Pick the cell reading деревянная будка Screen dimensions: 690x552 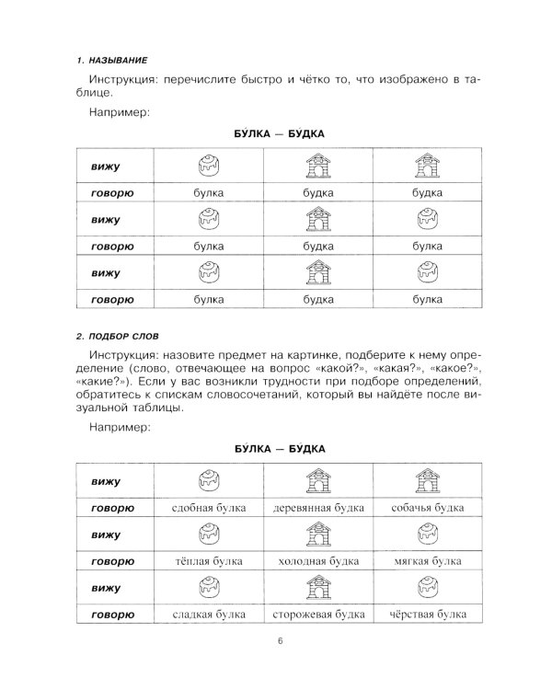(x=317, y=507)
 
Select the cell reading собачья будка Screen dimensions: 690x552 (x=426, y=507)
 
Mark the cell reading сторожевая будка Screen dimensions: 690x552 (x=317, y=615)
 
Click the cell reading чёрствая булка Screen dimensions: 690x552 (x=426, y=615)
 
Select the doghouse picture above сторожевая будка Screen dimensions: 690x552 (x=317, y=587)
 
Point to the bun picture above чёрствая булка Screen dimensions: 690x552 (x=426, y=587)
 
